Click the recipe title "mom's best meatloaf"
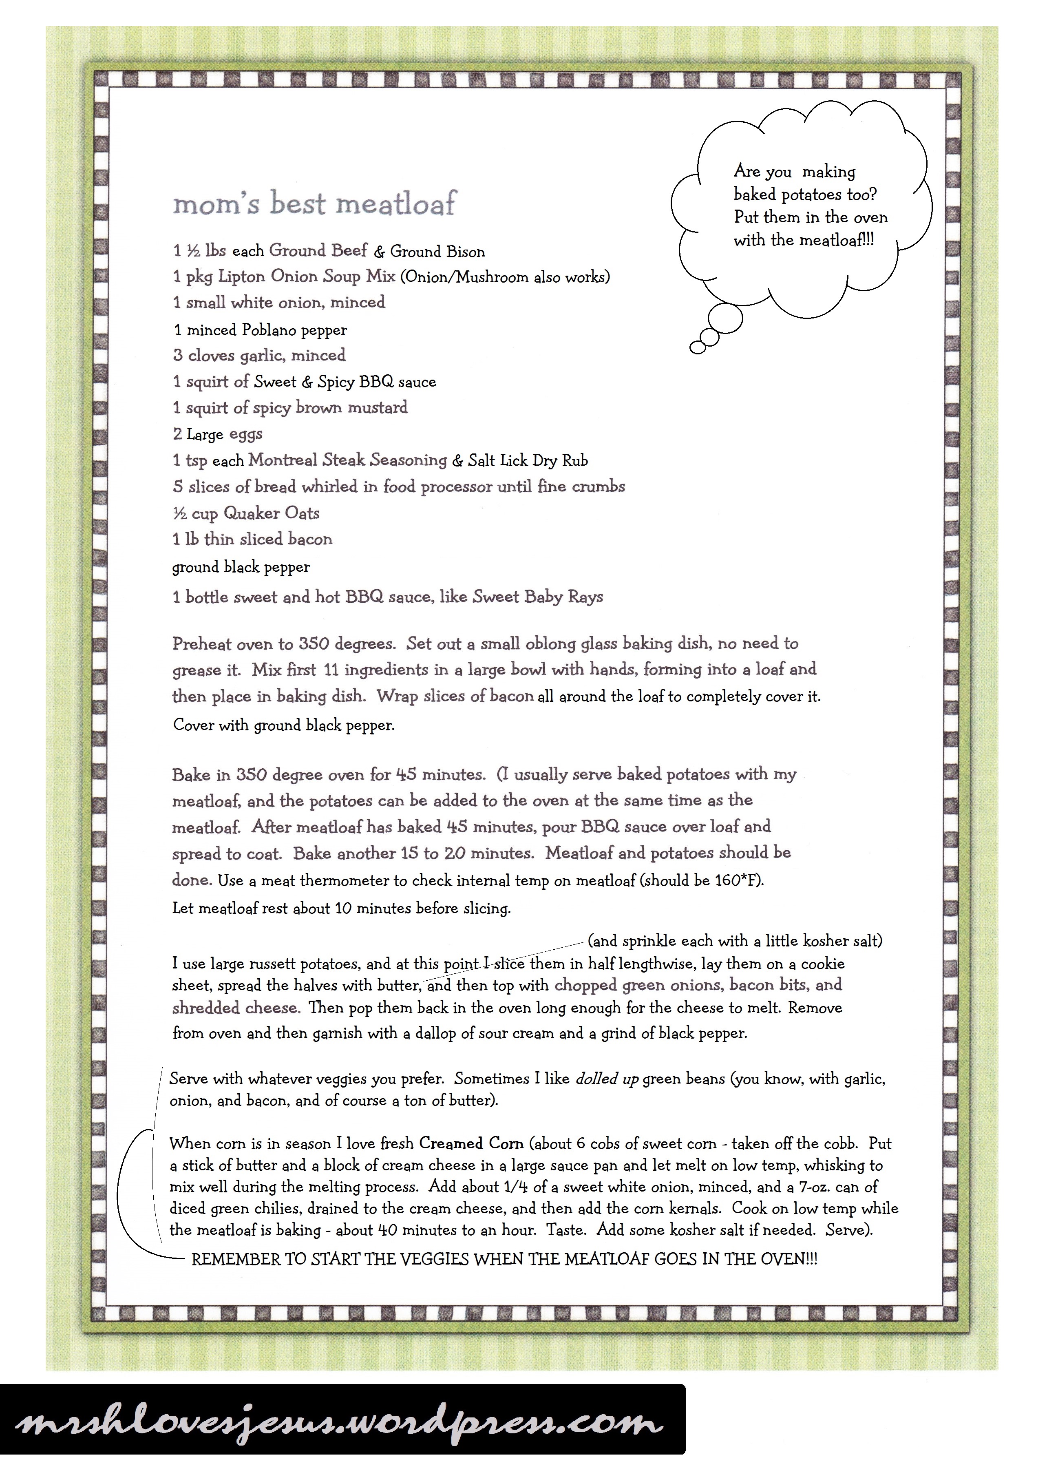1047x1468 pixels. coord(315,204)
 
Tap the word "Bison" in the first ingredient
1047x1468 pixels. coord(462,252)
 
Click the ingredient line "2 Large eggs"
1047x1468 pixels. coord(217,434)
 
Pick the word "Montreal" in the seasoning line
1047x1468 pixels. coord(283,460)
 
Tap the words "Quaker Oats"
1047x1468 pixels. coord(272,513)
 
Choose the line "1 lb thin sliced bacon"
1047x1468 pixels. coord(252,539)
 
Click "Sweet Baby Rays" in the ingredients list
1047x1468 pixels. coord(538,597)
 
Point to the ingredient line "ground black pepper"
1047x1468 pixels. coord(241,567)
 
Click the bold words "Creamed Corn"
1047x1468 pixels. coord(470,1144)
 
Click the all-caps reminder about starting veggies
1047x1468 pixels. coord(504,1259)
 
